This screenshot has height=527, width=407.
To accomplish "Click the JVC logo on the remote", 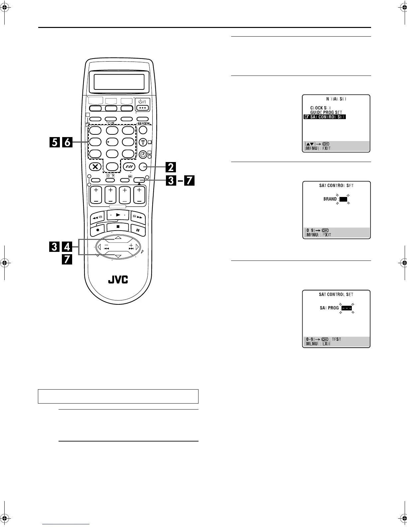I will coord(118,279).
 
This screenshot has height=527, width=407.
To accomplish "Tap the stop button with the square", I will coord(118,227).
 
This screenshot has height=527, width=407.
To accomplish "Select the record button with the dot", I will coord(97,230).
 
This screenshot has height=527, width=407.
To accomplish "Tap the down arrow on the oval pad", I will coord(118,256).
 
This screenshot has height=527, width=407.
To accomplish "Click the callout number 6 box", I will coord(67,142).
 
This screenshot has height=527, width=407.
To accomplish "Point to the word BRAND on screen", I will coord(330,199).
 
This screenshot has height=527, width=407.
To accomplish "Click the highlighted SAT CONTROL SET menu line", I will coord(325,117).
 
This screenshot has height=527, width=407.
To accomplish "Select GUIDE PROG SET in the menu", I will coord(326,112).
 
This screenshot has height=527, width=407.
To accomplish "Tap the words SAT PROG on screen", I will coord(329,308).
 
